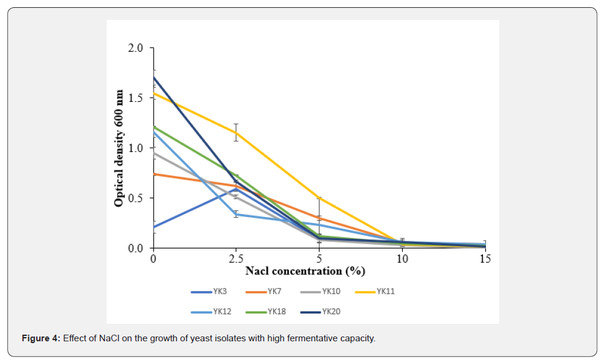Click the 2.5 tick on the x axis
pos(236,259)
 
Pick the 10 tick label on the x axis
pos(402,259)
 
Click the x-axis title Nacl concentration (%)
pos(305,271)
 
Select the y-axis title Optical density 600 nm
pos(119,148)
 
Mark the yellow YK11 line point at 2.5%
pos(236,132)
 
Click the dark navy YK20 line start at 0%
pos(154,77)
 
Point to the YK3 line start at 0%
pos(154,227)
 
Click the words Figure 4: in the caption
pos(41,338)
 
